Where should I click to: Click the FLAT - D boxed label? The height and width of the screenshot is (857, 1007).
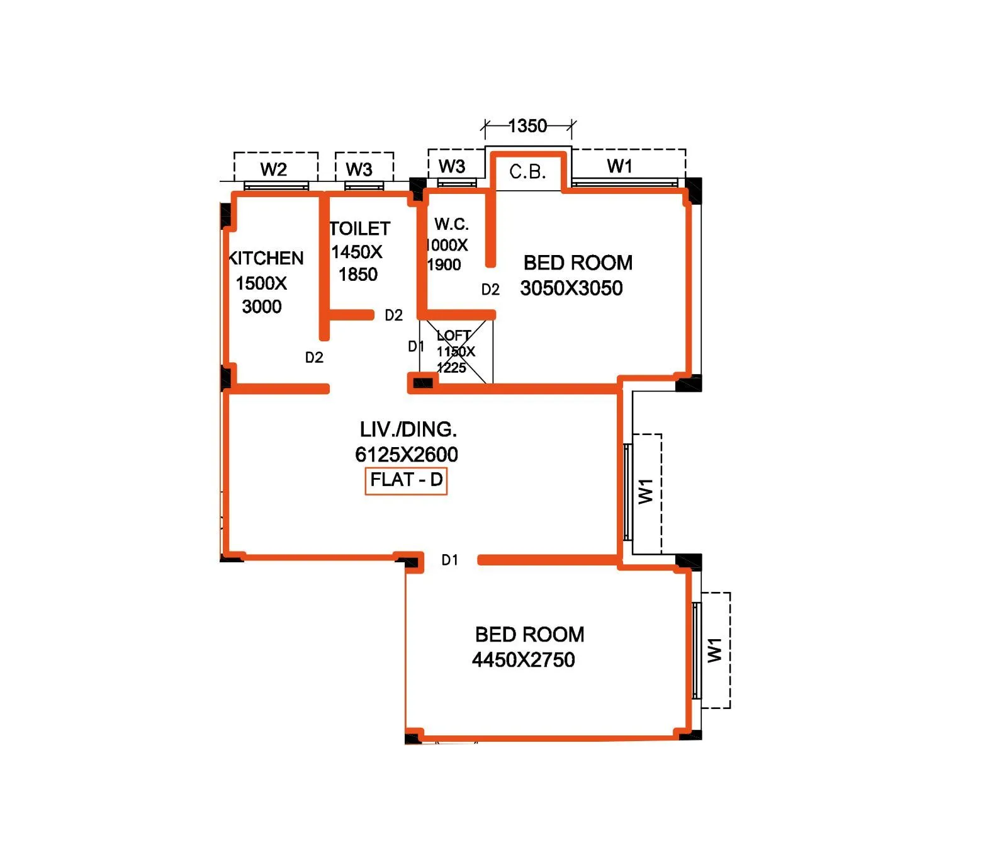[406, 480]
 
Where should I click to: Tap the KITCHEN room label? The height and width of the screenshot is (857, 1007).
[266, 258]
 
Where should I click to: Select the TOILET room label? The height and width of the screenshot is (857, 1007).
[360, 229]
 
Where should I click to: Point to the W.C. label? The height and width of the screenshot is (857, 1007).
[451, 224]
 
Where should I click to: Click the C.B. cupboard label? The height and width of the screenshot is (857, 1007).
[527, 172]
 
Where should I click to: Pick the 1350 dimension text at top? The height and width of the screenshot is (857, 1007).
[527, 127]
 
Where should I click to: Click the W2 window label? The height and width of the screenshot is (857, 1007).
[274, 169]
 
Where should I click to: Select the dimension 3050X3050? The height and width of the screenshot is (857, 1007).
[571, 288]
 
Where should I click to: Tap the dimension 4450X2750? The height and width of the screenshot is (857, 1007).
[524, 660]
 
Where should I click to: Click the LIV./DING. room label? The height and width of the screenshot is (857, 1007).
[408, 429]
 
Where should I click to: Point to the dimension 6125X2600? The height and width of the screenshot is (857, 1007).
[407, 455]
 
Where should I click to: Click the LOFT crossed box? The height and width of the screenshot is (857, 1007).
[456, 352]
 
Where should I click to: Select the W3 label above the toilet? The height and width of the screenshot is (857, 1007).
[359, 169]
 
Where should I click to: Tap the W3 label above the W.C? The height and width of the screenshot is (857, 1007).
[452, 166]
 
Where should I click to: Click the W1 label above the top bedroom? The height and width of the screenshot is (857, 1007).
[620, 166]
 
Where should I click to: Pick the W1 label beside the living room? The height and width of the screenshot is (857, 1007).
[646, 491]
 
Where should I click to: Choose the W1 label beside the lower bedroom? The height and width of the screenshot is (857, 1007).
[715, 650]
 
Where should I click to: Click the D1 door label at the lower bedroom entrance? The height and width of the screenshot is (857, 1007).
[449, 560]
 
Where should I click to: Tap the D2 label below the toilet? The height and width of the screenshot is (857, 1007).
[393, 315]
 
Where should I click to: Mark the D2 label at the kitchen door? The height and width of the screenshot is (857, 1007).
[314, 358]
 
